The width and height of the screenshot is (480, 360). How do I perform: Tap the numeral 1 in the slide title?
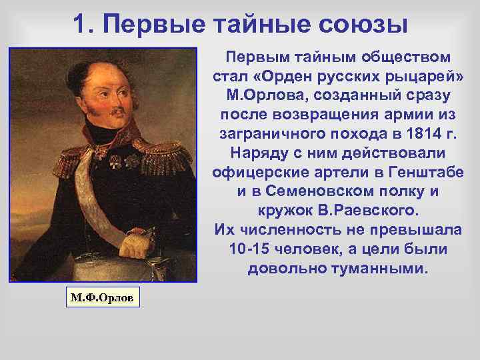coord(80,25)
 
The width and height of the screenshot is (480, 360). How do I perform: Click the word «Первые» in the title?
coord(157,25)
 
